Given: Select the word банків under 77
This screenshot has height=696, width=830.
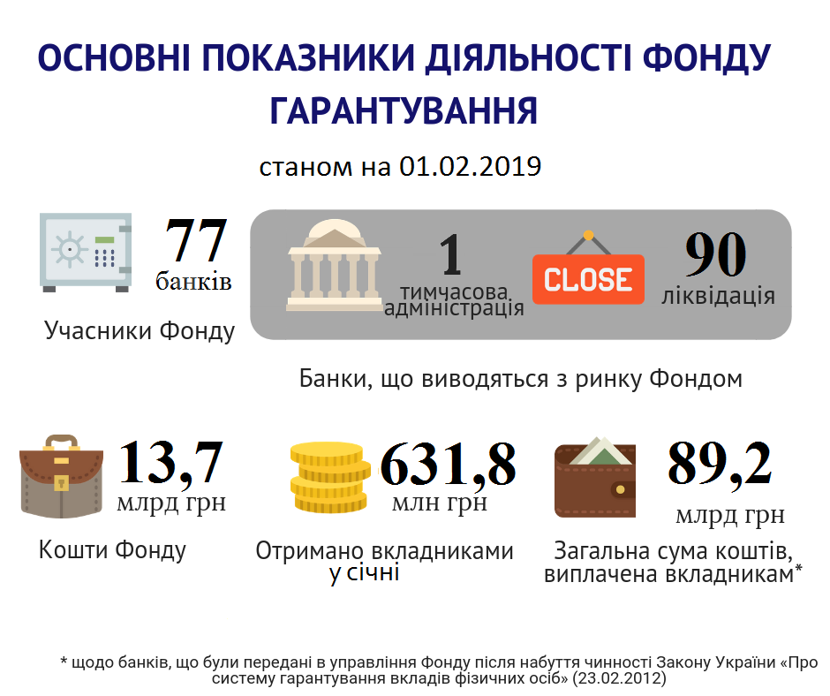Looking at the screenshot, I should point(193,282).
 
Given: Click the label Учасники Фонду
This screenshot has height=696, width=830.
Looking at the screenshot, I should point(140,331).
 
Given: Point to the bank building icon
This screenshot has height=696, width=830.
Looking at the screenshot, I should point(334,265).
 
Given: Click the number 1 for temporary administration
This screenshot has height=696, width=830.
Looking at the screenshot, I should point(450,254).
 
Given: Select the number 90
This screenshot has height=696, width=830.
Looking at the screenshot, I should point(715,257).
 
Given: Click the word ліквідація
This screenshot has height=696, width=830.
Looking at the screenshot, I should point(718,295).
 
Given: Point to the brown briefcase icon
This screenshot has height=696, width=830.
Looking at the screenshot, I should point(61,478).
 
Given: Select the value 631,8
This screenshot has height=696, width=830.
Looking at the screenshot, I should point(448,465).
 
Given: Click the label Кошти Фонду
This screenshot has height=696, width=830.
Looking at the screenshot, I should point(112,550).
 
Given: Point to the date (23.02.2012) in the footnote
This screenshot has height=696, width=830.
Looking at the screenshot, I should point(618,679).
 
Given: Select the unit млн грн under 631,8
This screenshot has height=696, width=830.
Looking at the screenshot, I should point(439,503).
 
